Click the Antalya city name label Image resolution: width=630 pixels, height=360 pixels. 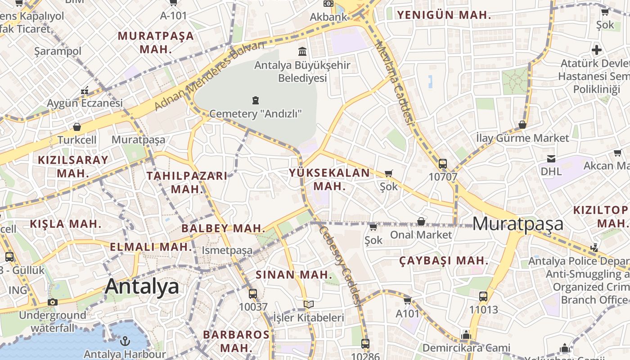(x=142, y=287)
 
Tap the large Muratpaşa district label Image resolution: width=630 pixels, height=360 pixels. (x=518, y=224)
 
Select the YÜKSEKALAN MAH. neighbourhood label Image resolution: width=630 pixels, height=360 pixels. (x=329, y=179)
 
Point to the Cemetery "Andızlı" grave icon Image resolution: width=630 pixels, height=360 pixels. (x=256, y=100)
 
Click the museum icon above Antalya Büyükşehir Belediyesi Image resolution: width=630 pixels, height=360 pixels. (x=302, y=51)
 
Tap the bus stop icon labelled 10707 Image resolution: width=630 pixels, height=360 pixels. (x=443, y=164)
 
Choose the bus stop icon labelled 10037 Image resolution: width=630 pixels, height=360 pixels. (x=253, y=294)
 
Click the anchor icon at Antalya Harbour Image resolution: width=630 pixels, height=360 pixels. (x=126, y=340)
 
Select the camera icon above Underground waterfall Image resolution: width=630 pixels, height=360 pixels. (x=53, y=301)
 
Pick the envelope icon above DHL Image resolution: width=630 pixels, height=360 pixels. (x=551, y=158)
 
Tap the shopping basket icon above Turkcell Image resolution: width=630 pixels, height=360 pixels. (x=77, y=127)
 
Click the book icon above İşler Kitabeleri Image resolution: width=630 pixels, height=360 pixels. (x=308, y=305)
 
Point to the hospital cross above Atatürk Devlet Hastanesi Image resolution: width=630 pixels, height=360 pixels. (x=597, y=49)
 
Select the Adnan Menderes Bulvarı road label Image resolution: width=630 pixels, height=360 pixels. (x=209, y=76)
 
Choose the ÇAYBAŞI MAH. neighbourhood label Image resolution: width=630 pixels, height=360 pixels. (x=444, y=261)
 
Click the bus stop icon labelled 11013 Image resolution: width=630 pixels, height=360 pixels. (x=483, y=297)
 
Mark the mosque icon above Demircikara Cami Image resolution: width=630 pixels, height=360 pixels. (x=466, y=335)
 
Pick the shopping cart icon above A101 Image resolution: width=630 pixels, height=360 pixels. (x=407, y=300)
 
